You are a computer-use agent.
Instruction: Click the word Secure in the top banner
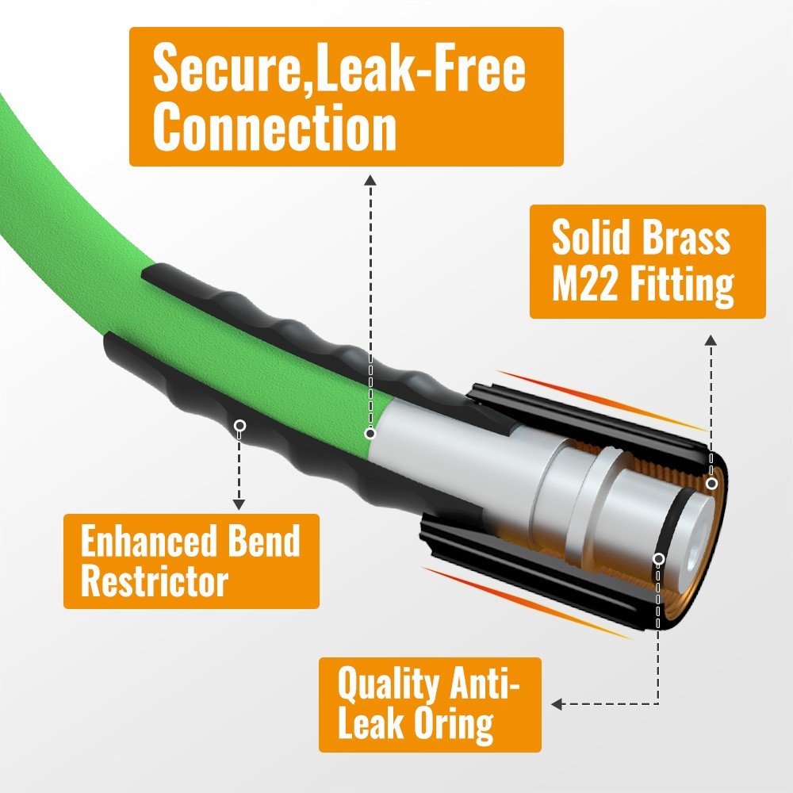tap(228, 68)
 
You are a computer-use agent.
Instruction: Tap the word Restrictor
tap(155, 581)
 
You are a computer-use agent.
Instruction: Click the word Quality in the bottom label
tap(389, 685)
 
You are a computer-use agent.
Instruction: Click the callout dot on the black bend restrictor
tap(240, 425)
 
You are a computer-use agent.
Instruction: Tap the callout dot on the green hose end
tap(370, 434)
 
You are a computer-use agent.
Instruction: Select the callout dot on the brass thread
tap(711, 484)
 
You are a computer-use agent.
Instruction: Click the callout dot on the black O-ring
tap(658, 559)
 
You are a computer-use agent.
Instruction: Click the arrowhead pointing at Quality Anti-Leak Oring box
tap(557, 704)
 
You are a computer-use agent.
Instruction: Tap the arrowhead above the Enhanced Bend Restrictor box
tap(239, 504)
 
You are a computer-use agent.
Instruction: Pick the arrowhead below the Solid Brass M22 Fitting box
tap(711, 340)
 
